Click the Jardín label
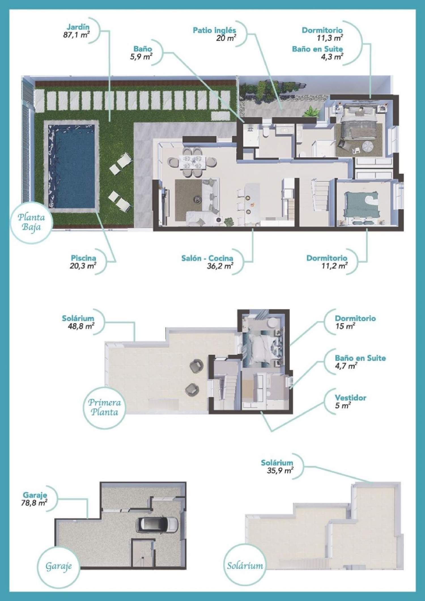tap(78, 27)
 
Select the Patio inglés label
tap(214, 30)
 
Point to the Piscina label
tap(83, 258)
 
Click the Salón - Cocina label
tap(207, 258)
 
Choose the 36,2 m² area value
tap(220, 266)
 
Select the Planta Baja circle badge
tap(31, 222)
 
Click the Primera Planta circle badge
tap(104, 407)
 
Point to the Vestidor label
tap(350, 398)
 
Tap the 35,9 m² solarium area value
tap(280, 471)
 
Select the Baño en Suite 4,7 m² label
tap(360, 362)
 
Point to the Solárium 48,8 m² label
tap(78, 322)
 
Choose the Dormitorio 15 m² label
tap(355, 322)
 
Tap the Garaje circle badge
tap(59, 566)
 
